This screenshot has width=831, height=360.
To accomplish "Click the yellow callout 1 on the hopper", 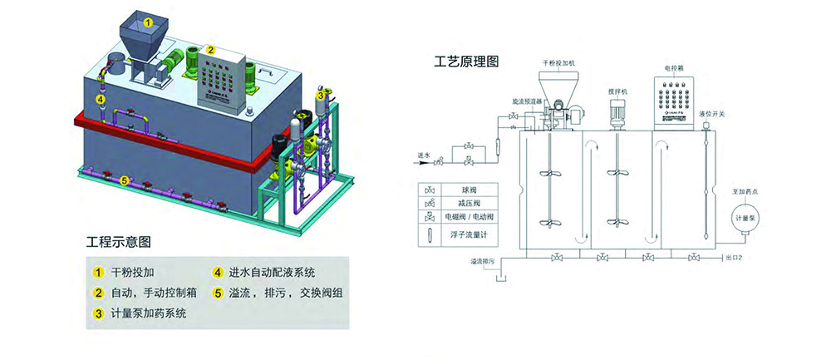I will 148,23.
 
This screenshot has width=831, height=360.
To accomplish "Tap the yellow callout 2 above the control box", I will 211,50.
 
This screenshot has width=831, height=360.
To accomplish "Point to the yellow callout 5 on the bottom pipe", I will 124,179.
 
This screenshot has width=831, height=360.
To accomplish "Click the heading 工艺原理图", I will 466,62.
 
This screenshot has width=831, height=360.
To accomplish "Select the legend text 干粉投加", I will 133,272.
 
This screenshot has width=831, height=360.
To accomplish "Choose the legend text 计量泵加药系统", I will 149,313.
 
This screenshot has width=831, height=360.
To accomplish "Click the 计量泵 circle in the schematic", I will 742,218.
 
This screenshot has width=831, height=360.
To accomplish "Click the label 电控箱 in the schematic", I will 674,66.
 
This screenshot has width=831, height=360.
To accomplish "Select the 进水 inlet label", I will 424,155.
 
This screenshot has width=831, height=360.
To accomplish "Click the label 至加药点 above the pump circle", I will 742,192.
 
